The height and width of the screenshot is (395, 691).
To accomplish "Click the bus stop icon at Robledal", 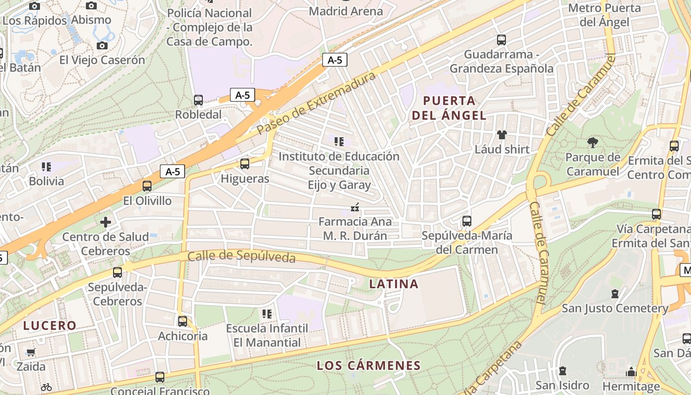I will pyautogui.click(x=198, y=100).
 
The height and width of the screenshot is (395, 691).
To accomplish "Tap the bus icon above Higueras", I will pyautogui.click(x=245, y=164).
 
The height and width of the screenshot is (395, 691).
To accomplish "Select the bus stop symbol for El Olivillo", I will pyautogui.click(x=147, y=186).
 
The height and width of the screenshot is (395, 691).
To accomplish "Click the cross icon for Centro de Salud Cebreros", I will pyautogui.click(x=106, y=222).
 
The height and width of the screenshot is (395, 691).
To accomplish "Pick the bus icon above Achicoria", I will pyautogui.click(x=183, y=321).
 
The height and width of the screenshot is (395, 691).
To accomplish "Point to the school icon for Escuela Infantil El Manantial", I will pyautogui.click(x=267, y=314).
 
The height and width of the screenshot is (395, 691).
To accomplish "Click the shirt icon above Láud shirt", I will pyautogui.click(x=502, y=134).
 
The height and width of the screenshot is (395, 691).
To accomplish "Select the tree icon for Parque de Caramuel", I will pyautogui.click(x=593, y=143).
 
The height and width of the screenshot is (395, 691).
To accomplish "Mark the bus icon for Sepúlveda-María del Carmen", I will pyautogui.click(x=467, y=221).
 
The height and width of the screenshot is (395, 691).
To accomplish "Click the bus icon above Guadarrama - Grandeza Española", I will pyautogui.click(x=501, y=40).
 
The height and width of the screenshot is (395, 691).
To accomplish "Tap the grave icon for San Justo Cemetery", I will pyautogui.click(x=615, y=294).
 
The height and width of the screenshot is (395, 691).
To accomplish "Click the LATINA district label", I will pyautogui.click(x=394, y=284).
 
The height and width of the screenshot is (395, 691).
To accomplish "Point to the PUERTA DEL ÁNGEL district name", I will pyautogui.click(x=449, y=108).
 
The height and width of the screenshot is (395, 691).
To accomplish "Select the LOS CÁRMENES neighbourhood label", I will pyautogui.click(x=369, y=366).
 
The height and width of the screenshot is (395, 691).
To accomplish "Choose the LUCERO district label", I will pyautogui.click(x=50, y=325).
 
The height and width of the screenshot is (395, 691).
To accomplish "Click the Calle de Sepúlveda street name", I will pyautogui.click(x=241, y=257).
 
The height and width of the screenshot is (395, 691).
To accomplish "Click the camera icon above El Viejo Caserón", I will pyautogui.click(x=102, y=46).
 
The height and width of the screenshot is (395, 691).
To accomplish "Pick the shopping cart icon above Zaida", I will pyautogui.click(x=31, y=352).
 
